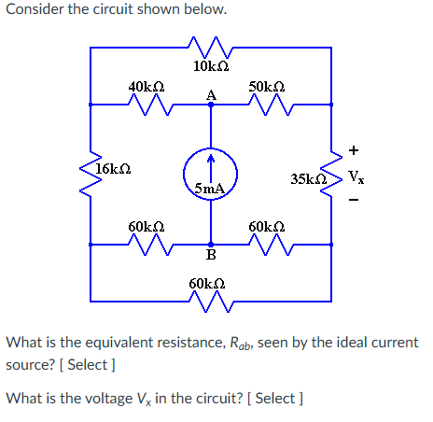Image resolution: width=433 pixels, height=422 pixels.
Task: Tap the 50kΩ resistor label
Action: coord(269,87)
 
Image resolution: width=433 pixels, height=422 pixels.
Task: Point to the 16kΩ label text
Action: coord(113,169)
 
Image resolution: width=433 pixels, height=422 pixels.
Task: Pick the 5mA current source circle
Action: coord(211,175)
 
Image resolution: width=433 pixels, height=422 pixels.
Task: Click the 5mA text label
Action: coord(210,189)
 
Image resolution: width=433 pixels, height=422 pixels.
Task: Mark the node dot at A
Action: coord(211,105)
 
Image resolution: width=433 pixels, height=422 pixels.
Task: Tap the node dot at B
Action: coord(211,244)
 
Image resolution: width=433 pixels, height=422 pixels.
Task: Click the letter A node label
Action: coord(211,93)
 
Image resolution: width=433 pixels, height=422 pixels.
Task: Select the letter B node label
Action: coord(211,256)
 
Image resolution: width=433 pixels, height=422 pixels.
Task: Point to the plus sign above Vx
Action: coord(353,149)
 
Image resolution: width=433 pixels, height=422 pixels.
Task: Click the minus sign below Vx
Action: coord(353,200)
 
